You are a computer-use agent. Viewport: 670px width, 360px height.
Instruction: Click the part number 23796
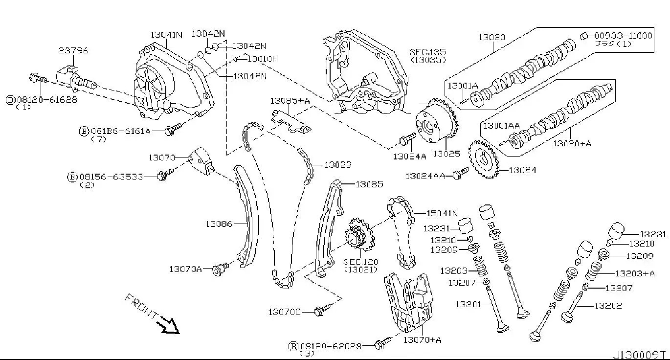pos(73,50)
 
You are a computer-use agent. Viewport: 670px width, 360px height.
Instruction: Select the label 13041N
pos(166,35)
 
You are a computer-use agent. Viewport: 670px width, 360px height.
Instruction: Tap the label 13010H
pos(262,59)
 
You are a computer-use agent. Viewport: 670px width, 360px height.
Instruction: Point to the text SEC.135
pos(428,51)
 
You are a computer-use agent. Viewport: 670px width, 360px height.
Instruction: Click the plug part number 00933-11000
pos(624,35)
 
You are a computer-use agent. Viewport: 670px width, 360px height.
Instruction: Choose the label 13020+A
pos(572,143)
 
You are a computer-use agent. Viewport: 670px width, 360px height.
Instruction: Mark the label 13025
pos(446,154)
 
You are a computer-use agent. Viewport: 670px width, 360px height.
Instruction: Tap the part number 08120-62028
pos(331,346)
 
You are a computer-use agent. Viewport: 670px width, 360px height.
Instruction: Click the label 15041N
pos(442,213)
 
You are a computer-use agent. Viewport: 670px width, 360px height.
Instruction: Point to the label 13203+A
pos(634,273)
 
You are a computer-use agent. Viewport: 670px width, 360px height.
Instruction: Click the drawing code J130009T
pos(641,354)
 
